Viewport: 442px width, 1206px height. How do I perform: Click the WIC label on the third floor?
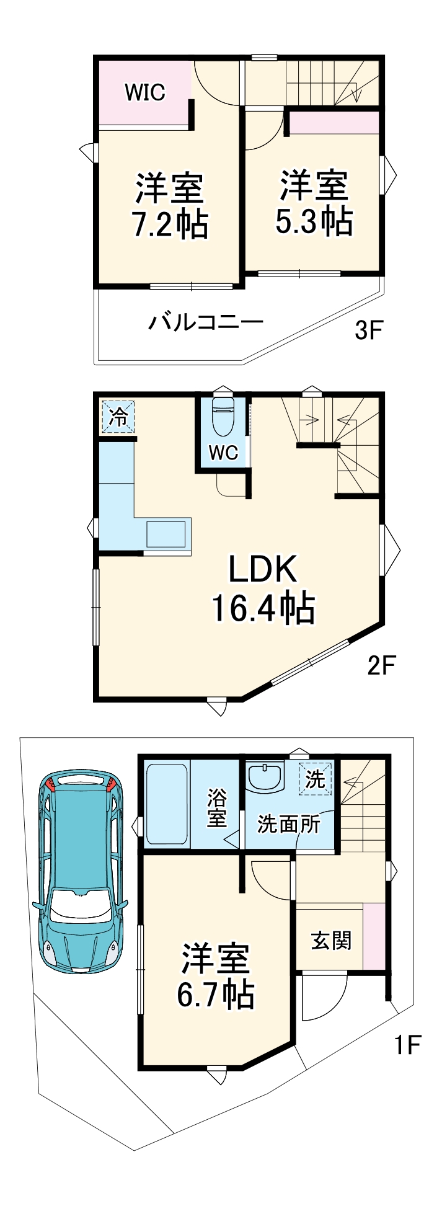pos(145,92)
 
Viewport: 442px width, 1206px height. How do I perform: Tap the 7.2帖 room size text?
pos(170,224)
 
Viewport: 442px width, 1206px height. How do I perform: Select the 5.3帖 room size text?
pos(314,221)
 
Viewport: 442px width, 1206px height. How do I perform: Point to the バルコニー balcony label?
pos(205,322)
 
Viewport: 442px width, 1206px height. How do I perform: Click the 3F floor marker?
pos(368,330)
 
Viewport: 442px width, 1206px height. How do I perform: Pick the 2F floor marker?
pos(381,665)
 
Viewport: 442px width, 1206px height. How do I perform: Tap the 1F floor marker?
pos(408,1045)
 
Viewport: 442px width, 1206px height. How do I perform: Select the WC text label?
pos(223,453)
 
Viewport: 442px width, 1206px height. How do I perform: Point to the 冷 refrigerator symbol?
pos(118,417)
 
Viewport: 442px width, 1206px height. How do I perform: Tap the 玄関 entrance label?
pos(330,941)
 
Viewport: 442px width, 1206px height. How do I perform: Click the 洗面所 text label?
pos(289,824)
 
